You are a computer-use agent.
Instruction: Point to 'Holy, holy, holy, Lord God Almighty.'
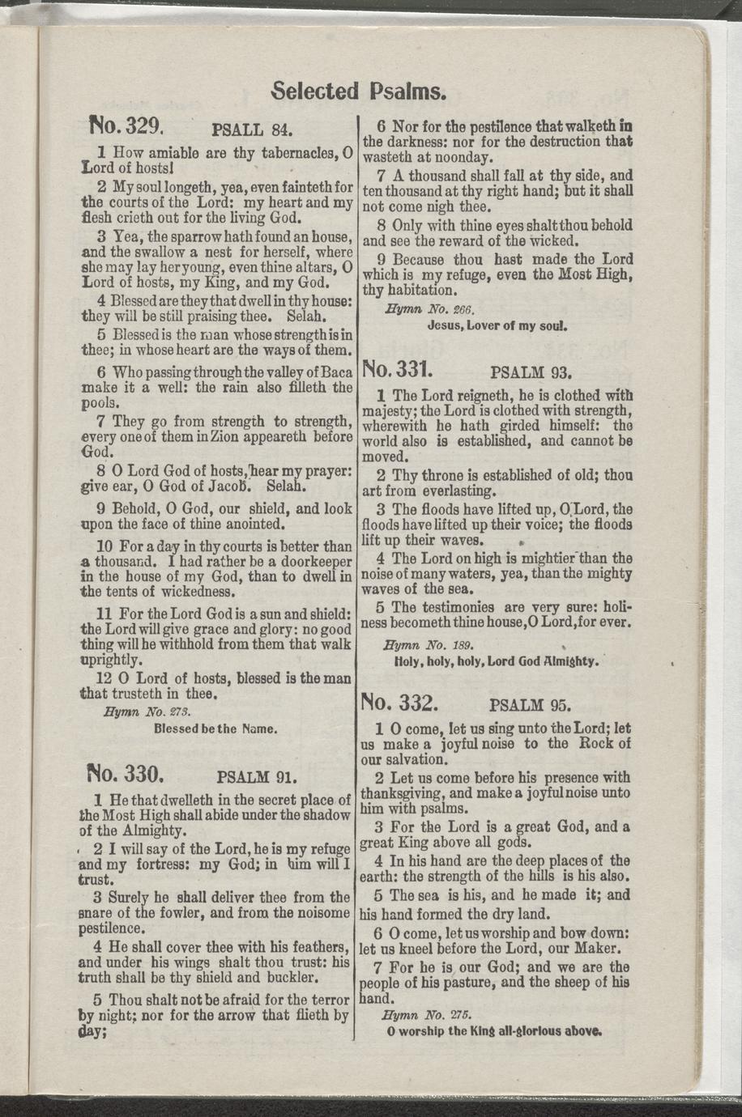click(496, 661)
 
